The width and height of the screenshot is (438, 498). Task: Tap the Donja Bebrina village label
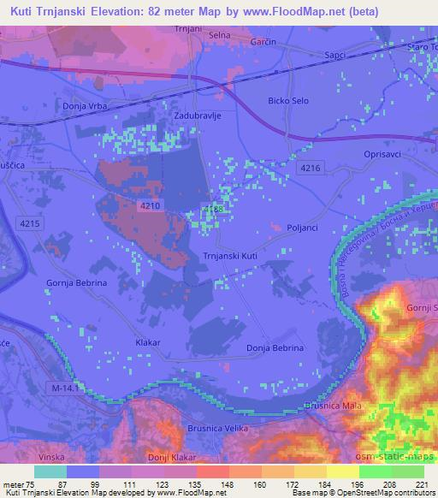pos(275,347)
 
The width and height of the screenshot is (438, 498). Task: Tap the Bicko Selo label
pos(288,100)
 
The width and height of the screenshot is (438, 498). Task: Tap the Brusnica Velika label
pos(216,429)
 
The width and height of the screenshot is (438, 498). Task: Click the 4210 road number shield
pos(150,205)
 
